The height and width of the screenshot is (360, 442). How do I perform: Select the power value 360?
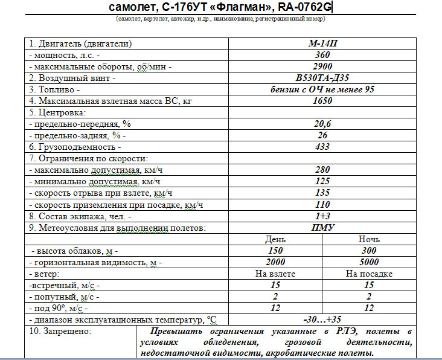tap(322, 55)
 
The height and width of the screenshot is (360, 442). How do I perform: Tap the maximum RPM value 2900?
tap(322, 66)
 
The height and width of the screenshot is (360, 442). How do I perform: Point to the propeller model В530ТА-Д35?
tap(322, 78)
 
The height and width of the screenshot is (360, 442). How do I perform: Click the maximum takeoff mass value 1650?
tap(322, 101)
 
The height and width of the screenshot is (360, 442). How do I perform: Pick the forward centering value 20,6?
tap(322, 124)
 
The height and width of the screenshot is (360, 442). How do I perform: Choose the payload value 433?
tap(322, 147)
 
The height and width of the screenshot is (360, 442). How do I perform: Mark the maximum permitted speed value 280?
tap(322, 170)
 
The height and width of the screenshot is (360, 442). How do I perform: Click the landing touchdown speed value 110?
tap(322, 204)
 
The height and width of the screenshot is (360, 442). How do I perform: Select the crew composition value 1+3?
tap(322, 216)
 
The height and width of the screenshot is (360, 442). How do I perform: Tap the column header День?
tap(275, 239)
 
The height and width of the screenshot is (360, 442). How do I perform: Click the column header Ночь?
tap(370, 239)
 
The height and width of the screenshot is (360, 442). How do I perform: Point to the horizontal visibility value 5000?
tap(370, 262)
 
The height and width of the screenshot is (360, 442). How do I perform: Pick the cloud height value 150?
tap(275, 251)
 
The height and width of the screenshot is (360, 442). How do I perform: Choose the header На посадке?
tap(370, 274)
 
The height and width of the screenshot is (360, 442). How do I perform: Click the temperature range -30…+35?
tap(322, 320)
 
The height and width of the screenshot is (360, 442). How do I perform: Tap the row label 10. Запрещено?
tap(60, 332)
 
